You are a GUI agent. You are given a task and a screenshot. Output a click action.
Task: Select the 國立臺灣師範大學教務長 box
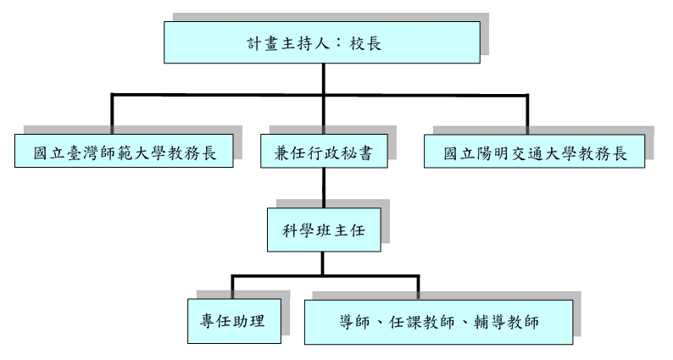point(124,155)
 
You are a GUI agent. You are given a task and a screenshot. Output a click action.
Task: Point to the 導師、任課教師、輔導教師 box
point(438,322)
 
